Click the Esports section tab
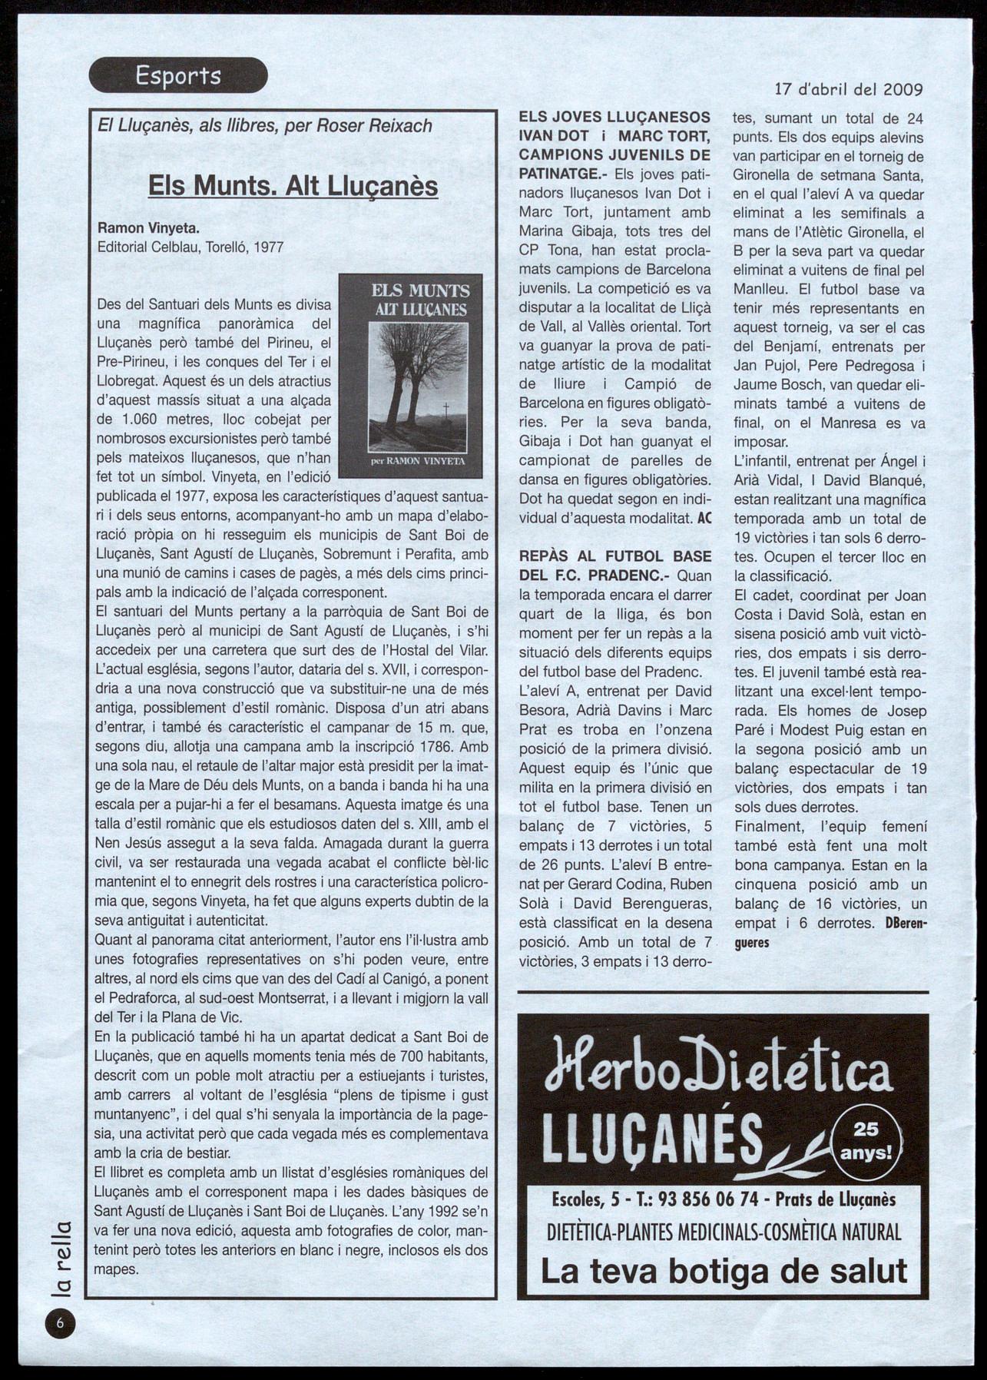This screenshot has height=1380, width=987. [x=178, y=75]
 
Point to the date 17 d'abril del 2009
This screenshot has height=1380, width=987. [x=849, y=88]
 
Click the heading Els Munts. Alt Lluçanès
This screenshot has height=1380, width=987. [x=293, y=186]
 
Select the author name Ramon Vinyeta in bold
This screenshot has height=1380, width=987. [x=148, y=228]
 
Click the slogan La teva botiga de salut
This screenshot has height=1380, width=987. [x=724, y=1271]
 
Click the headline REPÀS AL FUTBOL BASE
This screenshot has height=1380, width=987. [x=615, y=556]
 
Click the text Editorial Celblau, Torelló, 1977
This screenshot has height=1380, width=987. [x=190, y=247]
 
